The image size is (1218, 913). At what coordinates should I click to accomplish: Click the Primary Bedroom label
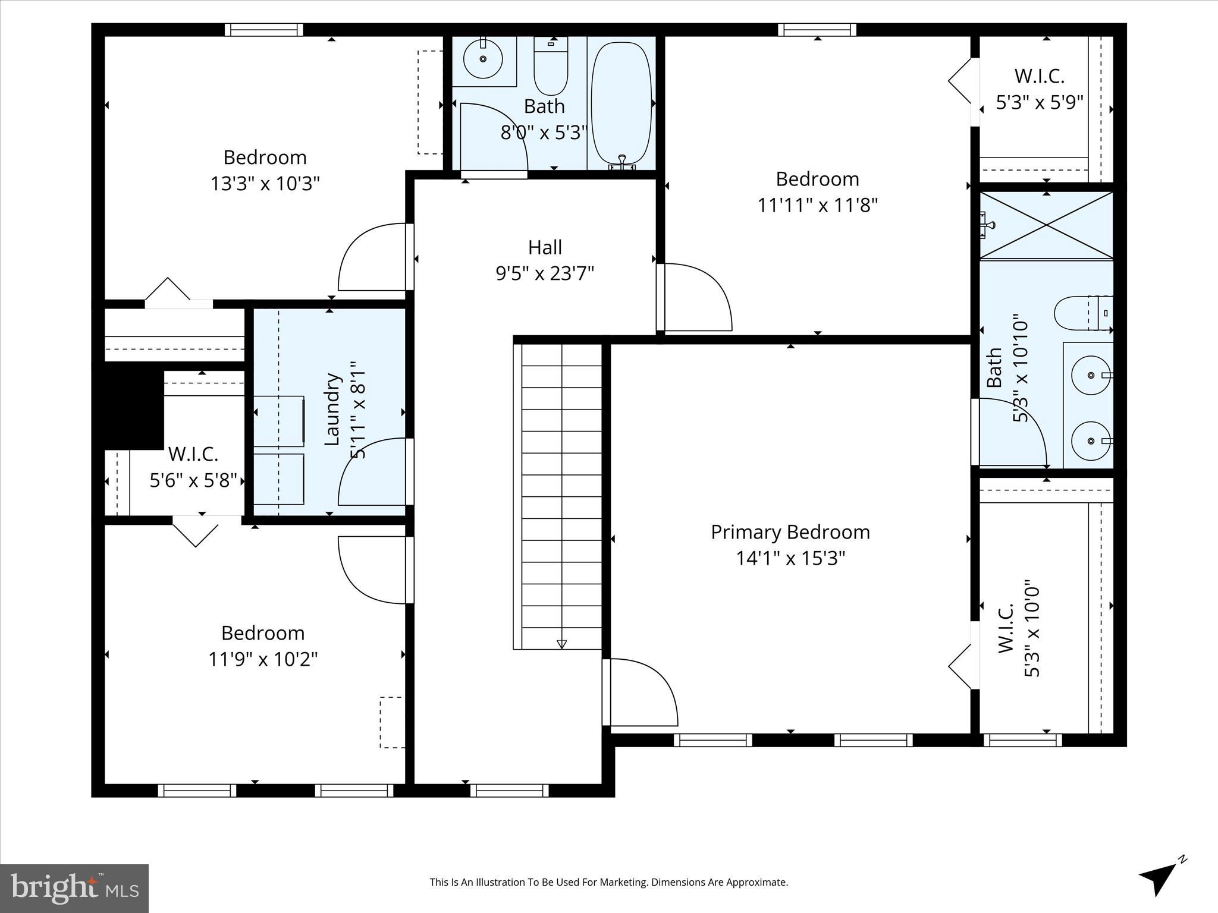pos(790,532)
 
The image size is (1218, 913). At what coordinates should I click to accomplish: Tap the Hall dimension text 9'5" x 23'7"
pos(545,273)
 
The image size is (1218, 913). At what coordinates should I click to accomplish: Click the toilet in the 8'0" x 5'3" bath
pos(551,65)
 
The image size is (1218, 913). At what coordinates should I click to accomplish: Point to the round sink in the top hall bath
pos(482,58)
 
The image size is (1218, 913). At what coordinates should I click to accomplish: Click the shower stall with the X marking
pos(1046,225)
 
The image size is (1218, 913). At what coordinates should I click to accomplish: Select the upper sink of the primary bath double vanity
pos(1091,375)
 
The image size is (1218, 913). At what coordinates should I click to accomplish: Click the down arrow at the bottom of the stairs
pos(561,644)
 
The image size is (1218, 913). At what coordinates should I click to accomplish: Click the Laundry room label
pos(332,409)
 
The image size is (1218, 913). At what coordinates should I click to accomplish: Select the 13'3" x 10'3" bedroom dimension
pos(265,184)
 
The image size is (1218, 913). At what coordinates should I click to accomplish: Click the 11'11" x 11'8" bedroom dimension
pos(817,205)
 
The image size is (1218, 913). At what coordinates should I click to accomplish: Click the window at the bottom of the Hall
pos(509,791)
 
